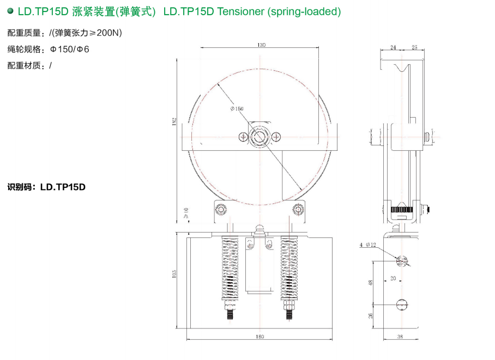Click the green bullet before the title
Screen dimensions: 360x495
click(10, 11)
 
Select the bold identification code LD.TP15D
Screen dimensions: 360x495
click(63, 187)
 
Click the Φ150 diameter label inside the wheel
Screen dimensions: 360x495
click(237, 109)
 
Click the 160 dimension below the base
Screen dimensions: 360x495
click(260, 337)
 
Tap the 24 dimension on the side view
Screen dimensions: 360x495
click(394, 48)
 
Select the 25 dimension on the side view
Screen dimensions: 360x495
click(414, 48)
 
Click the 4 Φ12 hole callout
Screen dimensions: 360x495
click(368, 245)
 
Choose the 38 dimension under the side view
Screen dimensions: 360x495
click(400, 337)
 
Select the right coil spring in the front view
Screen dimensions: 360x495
click(289, 267)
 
